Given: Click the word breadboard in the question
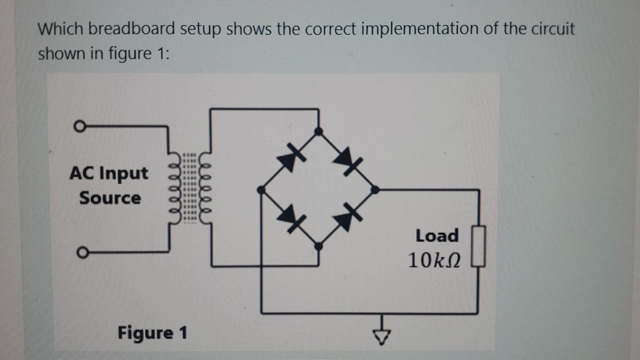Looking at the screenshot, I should coord(132,29).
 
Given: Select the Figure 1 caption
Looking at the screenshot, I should coord(152,333).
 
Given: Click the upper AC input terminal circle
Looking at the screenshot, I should coord(79,127).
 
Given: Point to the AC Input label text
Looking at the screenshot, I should coord(109,174).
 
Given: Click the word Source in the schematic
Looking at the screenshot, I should coord(110,198).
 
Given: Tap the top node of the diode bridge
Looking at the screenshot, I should coord(319,131).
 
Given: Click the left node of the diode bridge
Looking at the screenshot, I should coord(261,190).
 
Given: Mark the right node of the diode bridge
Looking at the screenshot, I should coord(375,189).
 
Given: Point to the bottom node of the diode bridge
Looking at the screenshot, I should coord(319,246).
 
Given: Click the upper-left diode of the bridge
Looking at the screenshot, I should coord(290,159).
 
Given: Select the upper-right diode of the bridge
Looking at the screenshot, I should coord(347,160).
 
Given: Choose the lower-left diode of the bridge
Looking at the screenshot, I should coord(290,217).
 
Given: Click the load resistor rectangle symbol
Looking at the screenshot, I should coord(479,246).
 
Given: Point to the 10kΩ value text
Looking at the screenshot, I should coord(434,260).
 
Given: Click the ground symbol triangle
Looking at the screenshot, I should coord(382,336).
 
